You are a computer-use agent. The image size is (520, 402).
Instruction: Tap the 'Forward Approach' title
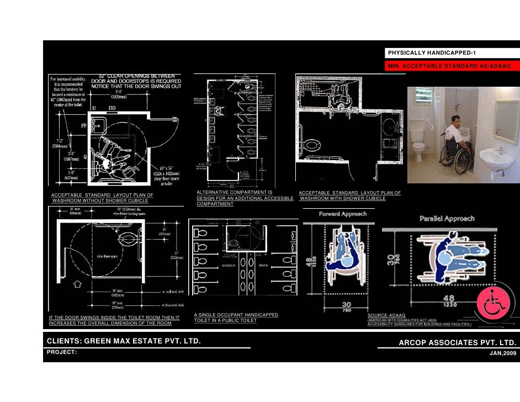coord(342,214)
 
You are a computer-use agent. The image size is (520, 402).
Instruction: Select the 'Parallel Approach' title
coord(446,219)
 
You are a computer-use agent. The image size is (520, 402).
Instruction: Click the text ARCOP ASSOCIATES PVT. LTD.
coord(458,343)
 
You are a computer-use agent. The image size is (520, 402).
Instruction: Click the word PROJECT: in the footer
coord(61,352)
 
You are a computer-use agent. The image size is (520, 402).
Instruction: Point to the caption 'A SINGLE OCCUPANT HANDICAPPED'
coord(236,315)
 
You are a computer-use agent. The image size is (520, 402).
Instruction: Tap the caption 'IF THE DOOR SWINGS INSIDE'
coord(115,318)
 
